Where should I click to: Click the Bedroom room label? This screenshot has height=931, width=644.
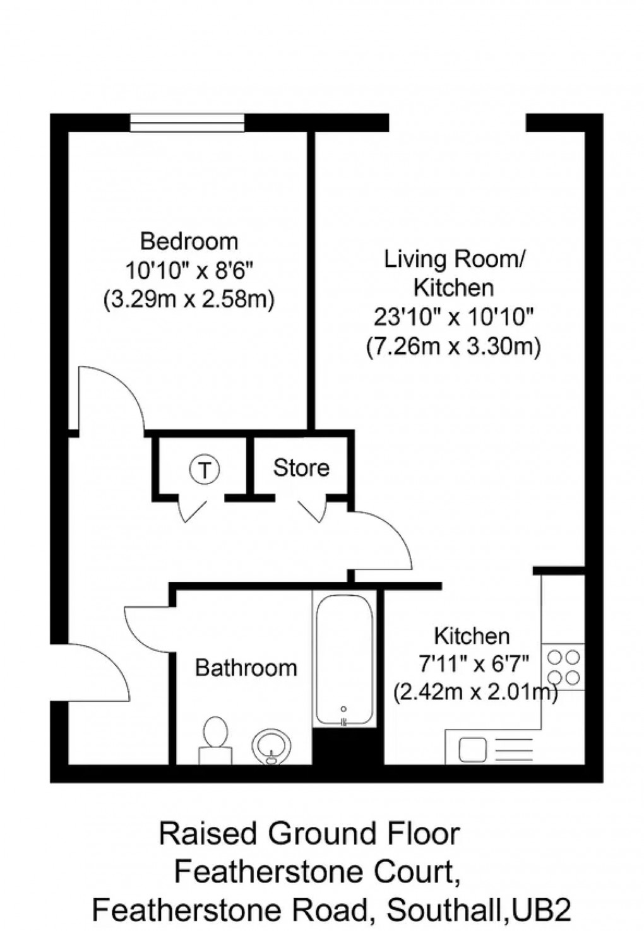pyautogui.click(x=189, y=241)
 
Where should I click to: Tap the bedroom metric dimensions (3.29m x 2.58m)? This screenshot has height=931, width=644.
pyautogui.click(x=189, y=299)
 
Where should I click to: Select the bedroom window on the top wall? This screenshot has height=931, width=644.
pyautogui.click(x=188, y=122)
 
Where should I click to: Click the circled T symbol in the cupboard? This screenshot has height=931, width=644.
pyautogui.click(x=204, y=469)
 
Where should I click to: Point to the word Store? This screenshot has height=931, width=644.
pyautogui.click(x=301, y=468)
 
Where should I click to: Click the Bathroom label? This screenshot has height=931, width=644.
pyautogui.click(x=246, y=667)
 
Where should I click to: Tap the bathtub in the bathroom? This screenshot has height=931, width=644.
pyautogui.click(x=344, y=660)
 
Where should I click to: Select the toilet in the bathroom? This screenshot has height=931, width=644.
pyautogui.click(x=215, y=738)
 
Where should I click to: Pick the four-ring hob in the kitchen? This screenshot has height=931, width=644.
pyautogui.click(x=563, y=667)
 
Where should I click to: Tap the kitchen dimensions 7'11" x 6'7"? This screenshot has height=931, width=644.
pyautogui.click(x=472, y=664)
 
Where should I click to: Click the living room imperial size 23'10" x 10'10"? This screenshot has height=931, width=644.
pyautogui.click(x=453, y=317)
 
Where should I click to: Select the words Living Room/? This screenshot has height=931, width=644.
pyautogui.click(x=453, y=259)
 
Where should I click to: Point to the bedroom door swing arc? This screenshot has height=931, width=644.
pyautogui.click(x=110, y=398)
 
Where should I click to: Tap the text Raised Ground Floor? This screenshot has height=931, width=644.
pyautogui.click(x=309, y=834)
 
